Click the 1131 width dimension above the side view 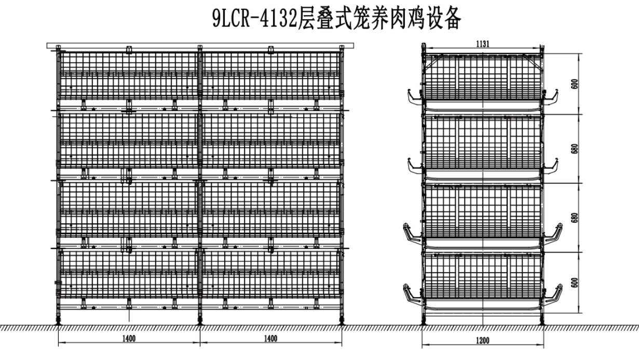(483, 44)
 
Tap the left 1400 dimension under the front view (129, 339)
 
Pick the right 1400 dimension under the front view (270, 339)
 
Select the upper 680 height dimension (574, 149)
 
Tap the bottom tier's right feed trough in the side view (554, 295)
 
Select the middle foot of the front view (200, 322)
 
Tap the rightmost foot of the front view (342, 322)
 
